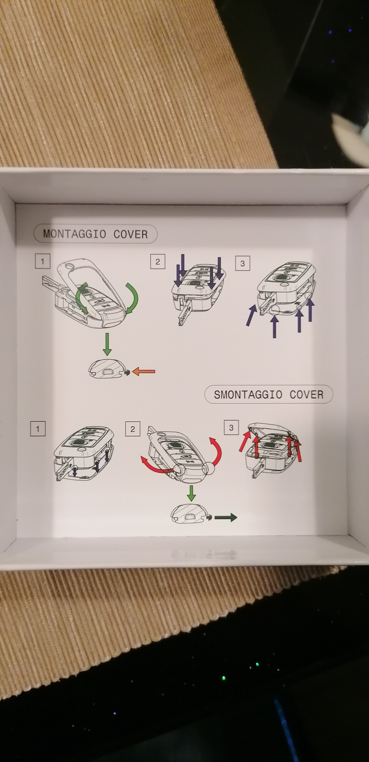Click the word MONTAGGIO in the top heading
(x=75, y=234)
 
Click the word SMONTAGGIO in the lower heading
(x=248, y=394)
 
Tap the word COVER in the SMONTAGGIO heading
(x=306, y=394)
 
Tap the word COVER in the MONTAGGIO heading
(x=130, y=234)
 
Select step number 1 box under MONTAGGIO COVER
(x=42, y=261)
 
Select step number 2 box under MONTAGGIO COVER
(x=157, y=262)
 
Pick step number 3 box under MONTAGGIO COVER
(x=242, y=263)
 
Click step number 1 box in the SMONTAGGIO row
(x=38, y=429)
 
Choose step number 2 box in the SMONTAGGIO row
(x=133, y=429)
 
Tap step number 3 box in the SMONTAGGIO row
(x=231, y=427)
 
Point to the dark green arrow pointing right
(x=226, y=517)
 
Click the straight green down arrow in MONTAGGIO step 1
(x=107, y=344)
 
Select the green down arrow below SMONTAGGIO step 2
(x=191, y=493)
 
